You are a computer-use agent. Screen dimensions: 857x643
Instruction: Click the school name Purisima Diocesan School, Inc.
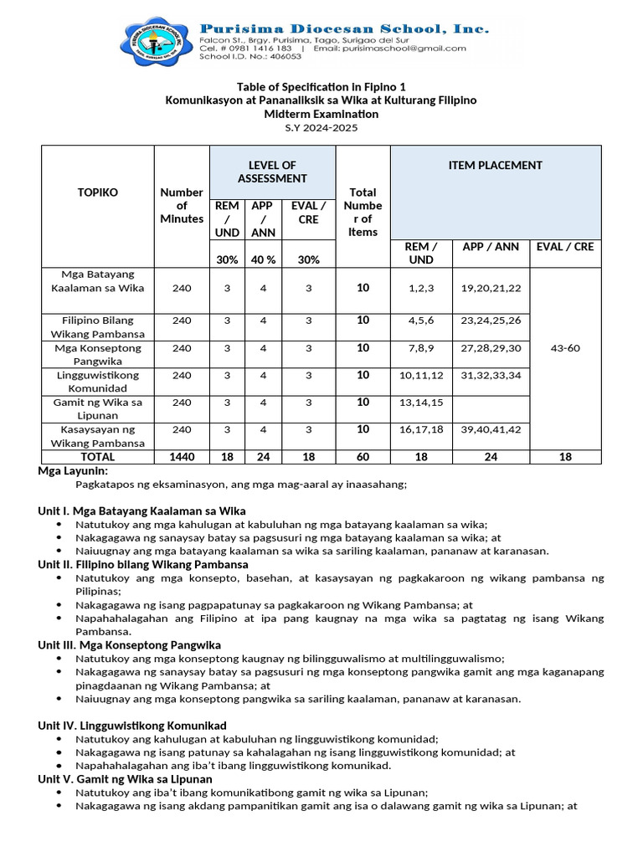344,28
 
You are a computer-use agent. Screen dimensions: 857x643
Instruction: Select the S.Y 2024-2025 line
321,127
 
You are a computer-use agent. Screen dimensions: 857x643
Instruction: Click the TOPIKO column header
98,192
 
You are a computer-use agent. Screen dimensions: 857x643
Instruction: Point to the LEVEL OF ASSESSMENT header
272,172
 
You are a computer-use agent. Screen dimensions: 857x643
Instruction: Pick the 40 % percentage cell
263,259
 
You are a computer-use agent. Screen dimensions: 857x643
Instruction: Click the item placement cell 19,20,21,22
491,288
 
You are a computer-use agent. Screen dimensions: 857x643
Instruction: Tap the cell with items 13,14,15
421,403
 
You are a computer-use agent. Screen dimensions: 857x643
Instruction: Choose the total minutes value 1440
182,457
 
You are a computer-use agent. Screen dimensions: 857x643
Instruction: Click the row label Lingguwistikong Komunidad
98,382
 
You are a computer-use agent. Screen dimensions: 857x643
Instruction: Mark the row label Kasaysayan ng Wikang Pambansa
98,436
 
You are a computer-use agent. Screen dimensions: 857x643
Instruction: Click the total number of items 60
363,457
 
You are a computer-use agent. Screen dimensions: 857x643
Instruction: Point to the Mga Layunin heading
73,471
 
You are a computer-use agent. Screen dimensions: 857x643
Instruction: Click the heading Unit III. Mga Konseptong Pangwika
130,645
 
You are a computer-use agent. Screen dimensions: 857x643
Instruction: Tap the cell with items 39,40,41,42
491,429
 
